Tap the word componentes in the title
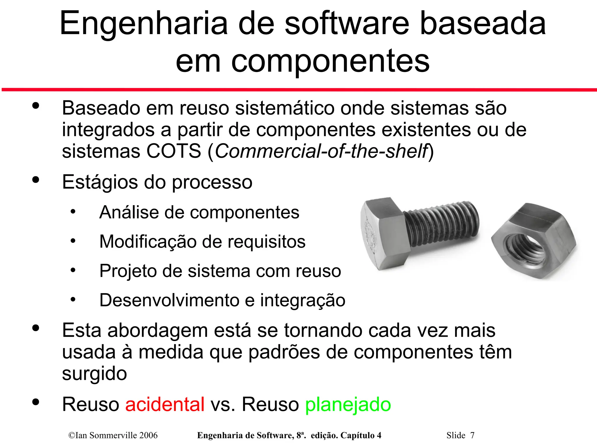[x=330, y=61]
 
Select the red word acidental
[x=165, y=404]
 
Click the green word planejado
[x=348, y=404]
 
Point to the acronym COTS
[x=173, y=151]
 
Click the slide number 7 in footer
[x=472, y=435]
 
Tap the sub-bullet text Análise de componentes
[x=199, y=212]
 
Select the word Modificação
[x=148, y=242]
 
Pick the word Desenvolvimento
[x=169, y=300]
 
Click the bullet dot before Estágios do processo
[x=36, y=180]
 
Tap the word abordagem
[x=157, y=331]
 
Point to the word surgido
[x=94, y=374]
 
